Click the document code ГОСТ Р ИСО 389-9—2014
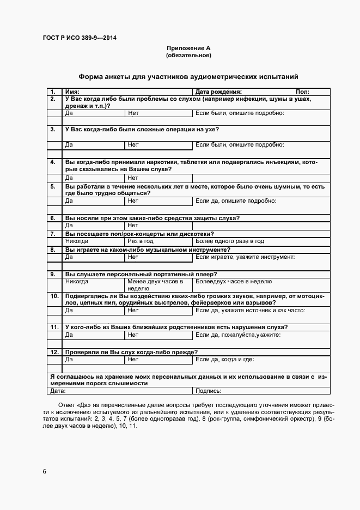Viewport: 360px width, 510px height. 80,38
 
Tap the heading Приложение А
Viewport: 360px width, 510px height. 188,48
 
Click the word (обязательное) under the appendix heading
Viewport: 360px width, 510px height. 188,56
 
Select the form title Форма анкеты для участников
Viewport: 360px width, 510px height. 188,77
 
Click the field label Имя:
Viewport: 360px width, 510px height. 72,92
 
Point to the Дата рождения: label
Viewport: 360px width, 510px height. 218,92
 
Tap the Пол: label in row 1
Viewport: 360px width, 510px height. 303,92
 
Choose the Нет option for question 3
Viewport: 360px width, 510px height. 133,145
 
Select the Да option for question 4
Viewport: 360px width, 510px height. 69,178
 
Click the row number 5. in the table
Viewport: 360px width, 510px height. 53,186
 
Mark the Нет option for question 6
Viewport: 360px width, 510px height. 133,225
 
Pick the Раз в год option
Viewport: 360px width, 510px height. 141,241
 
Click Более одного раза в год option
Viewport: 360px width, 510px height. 230,241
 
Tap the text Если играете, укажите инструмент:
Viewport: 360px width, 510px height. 245,257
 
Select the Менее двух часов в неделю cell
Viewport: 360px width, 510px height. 155,285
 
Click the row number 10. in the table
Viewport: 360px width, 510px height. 54,296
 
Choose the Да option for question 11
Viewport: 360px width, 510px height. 69,335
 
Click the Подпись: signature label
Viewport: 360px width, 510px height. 208,391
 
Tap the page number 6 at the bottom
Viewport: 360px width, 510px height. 45,471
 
